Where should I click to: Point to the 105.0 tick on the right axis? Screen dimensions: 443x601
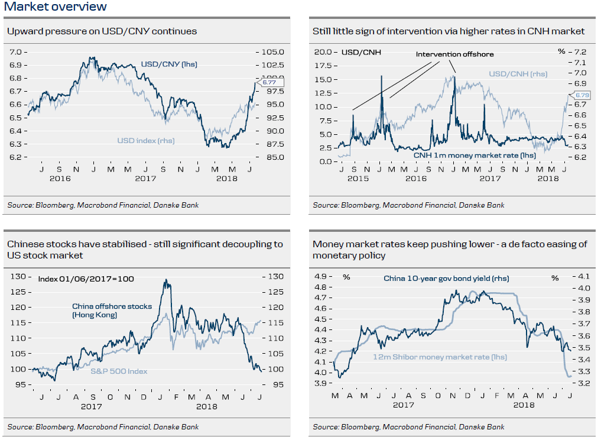click(273, 52)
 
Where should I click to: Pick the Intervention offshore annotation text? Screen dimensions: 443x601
click(454, 54)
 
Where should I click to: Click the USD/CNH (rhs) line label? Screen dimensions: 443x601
click(518, 74)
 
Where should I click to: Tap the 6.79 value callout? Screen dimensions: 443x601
click(578, 95)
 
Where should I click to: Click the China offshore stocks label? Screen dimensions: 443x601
click(112, 311)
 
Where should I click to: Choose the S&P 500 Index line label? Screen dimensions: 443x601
click(119, 371)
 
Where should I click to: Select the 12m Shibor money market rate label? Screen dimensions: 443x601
click(440, 357)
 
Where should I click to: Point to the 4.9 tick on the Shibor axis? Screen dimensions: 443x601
click(321, 277)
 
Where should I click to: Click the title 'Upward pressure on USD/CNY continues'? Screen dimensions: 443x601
click(102, 31)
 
